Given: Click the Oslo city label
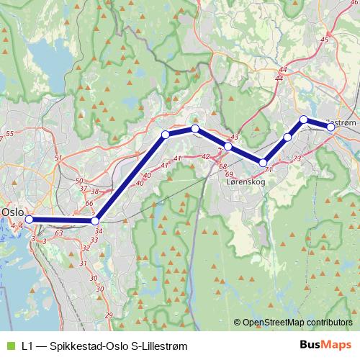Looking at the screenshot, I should tap(12, 212).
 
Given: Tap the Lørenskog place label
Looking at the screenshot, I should tap(246, 183).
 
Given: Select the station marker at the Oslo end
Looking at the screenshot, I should tap(30, 219).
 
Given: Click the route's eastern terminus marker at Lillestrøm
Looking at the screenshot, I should tap(330, 127).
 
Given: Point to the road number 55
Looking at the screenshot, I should tap(9, 134).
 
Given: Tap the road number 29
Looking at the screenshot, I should tap(109, 315).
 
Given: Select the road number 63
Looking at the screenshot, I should tap(58, 233).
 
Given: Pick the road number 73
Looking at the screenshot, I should tap(297, 158).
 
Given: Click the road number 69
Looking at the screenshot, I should tap(229, 174).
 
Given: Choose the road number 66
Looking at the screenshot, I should tap(89, 204).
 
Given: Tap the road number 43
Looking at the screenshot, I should tap(233, 137).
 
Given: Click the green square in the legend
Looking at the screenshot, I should tap(9, 346).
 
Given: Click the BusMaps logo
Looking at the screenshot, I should tap(325, 346).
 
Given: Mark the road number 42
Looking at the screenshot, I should tap(206, 156).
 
